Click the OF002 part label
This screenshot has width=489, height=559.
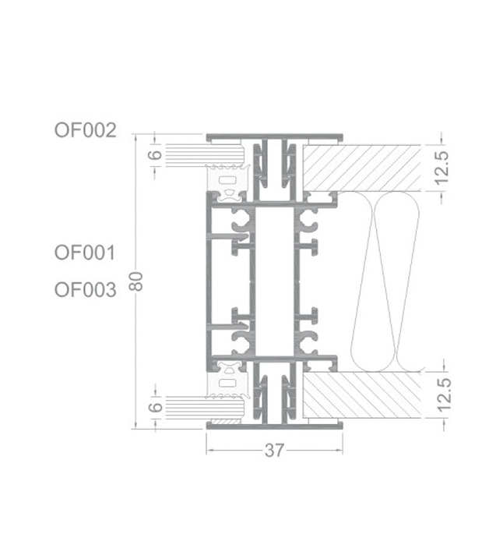pos(85,130)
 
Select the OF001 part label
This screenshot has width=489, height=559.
pos(85,253)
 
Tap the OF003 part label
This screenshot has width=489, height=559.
pos(85,290)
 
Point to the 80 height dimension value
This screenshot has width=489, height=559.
pos(136,281)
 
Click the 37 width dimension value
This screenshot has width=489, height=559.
pos(274,451)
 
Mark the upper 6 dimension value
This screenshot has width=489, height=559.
pos(154,154)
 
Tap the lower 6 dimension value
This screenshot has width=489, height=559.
pos(154,407)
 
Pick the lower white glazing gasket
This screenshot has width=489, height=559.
pos(228,376)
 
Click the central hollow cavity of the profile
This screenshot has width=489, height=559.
pos(273,281)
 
